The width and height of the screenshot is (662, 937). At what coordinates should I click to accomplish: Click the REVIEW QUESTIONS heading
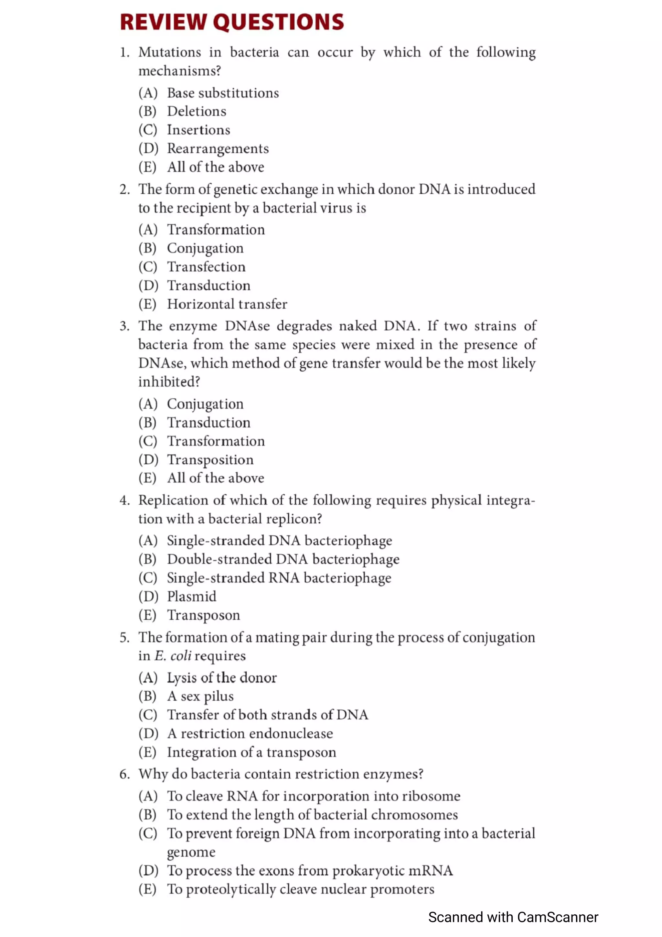click(x=232, y=22)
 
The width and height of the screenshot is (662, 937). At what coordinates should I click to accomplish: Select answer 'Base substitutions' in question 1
click(x=223, y=93)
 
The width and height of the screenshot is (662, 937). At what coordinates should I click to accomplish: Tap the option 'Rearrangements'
click(x=218, y=148)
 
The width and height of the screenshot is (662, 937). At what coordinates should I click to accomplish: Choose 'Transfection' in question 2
click(x=207, y=267)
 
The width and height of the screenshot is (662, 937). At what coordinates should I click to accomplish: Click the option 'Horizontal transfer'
click(x=227, y=304)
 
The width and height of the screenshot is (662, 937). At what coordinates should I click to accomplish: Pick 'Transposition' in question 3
click(x=210, y=460)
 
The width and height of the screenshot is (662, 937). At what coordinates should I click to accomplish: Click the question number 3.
click(x=124, y=326)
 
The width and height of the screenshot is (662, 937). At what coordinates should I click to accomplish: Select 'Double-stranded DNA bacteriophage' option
click(x=283, y=559)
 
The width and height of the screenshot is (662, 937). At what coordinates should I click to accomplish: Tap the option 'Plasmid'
click(x=192, y=597)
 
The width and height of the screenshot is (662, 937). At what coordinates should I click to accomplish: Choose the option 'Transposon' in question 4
click(x=204, y=615)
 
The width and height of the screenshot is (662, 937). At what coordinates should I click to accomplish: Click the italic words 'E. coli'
click(x=173, y=656)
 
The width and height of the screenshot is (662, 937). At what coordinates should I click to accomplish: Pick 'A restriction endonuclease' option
click(x=250, y=734)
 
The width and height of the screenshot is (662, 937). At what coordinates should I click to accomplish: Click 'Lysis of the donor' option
click(x=221, y=678)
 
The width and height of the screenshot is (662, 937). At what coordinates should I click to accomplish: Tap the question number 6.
click(x=124, y=774)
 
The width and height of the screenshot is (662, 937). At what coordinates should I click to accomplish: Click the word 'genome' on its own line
click(x=191, y=852)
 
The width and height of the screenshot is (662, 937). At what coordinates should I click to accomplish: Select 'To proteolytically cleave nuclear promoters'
click(x=301, y=889)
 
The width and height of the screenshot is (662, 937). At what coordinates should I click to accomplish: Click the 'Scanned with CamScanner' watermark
click(x=513, y=917)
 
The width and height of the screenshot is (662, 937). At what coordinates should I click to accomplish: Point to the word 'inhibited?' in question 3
click(x=169, y=382)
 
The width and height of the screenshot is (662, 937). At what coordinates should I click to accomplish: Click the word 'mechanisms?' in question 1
click(x=179, y=71)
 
